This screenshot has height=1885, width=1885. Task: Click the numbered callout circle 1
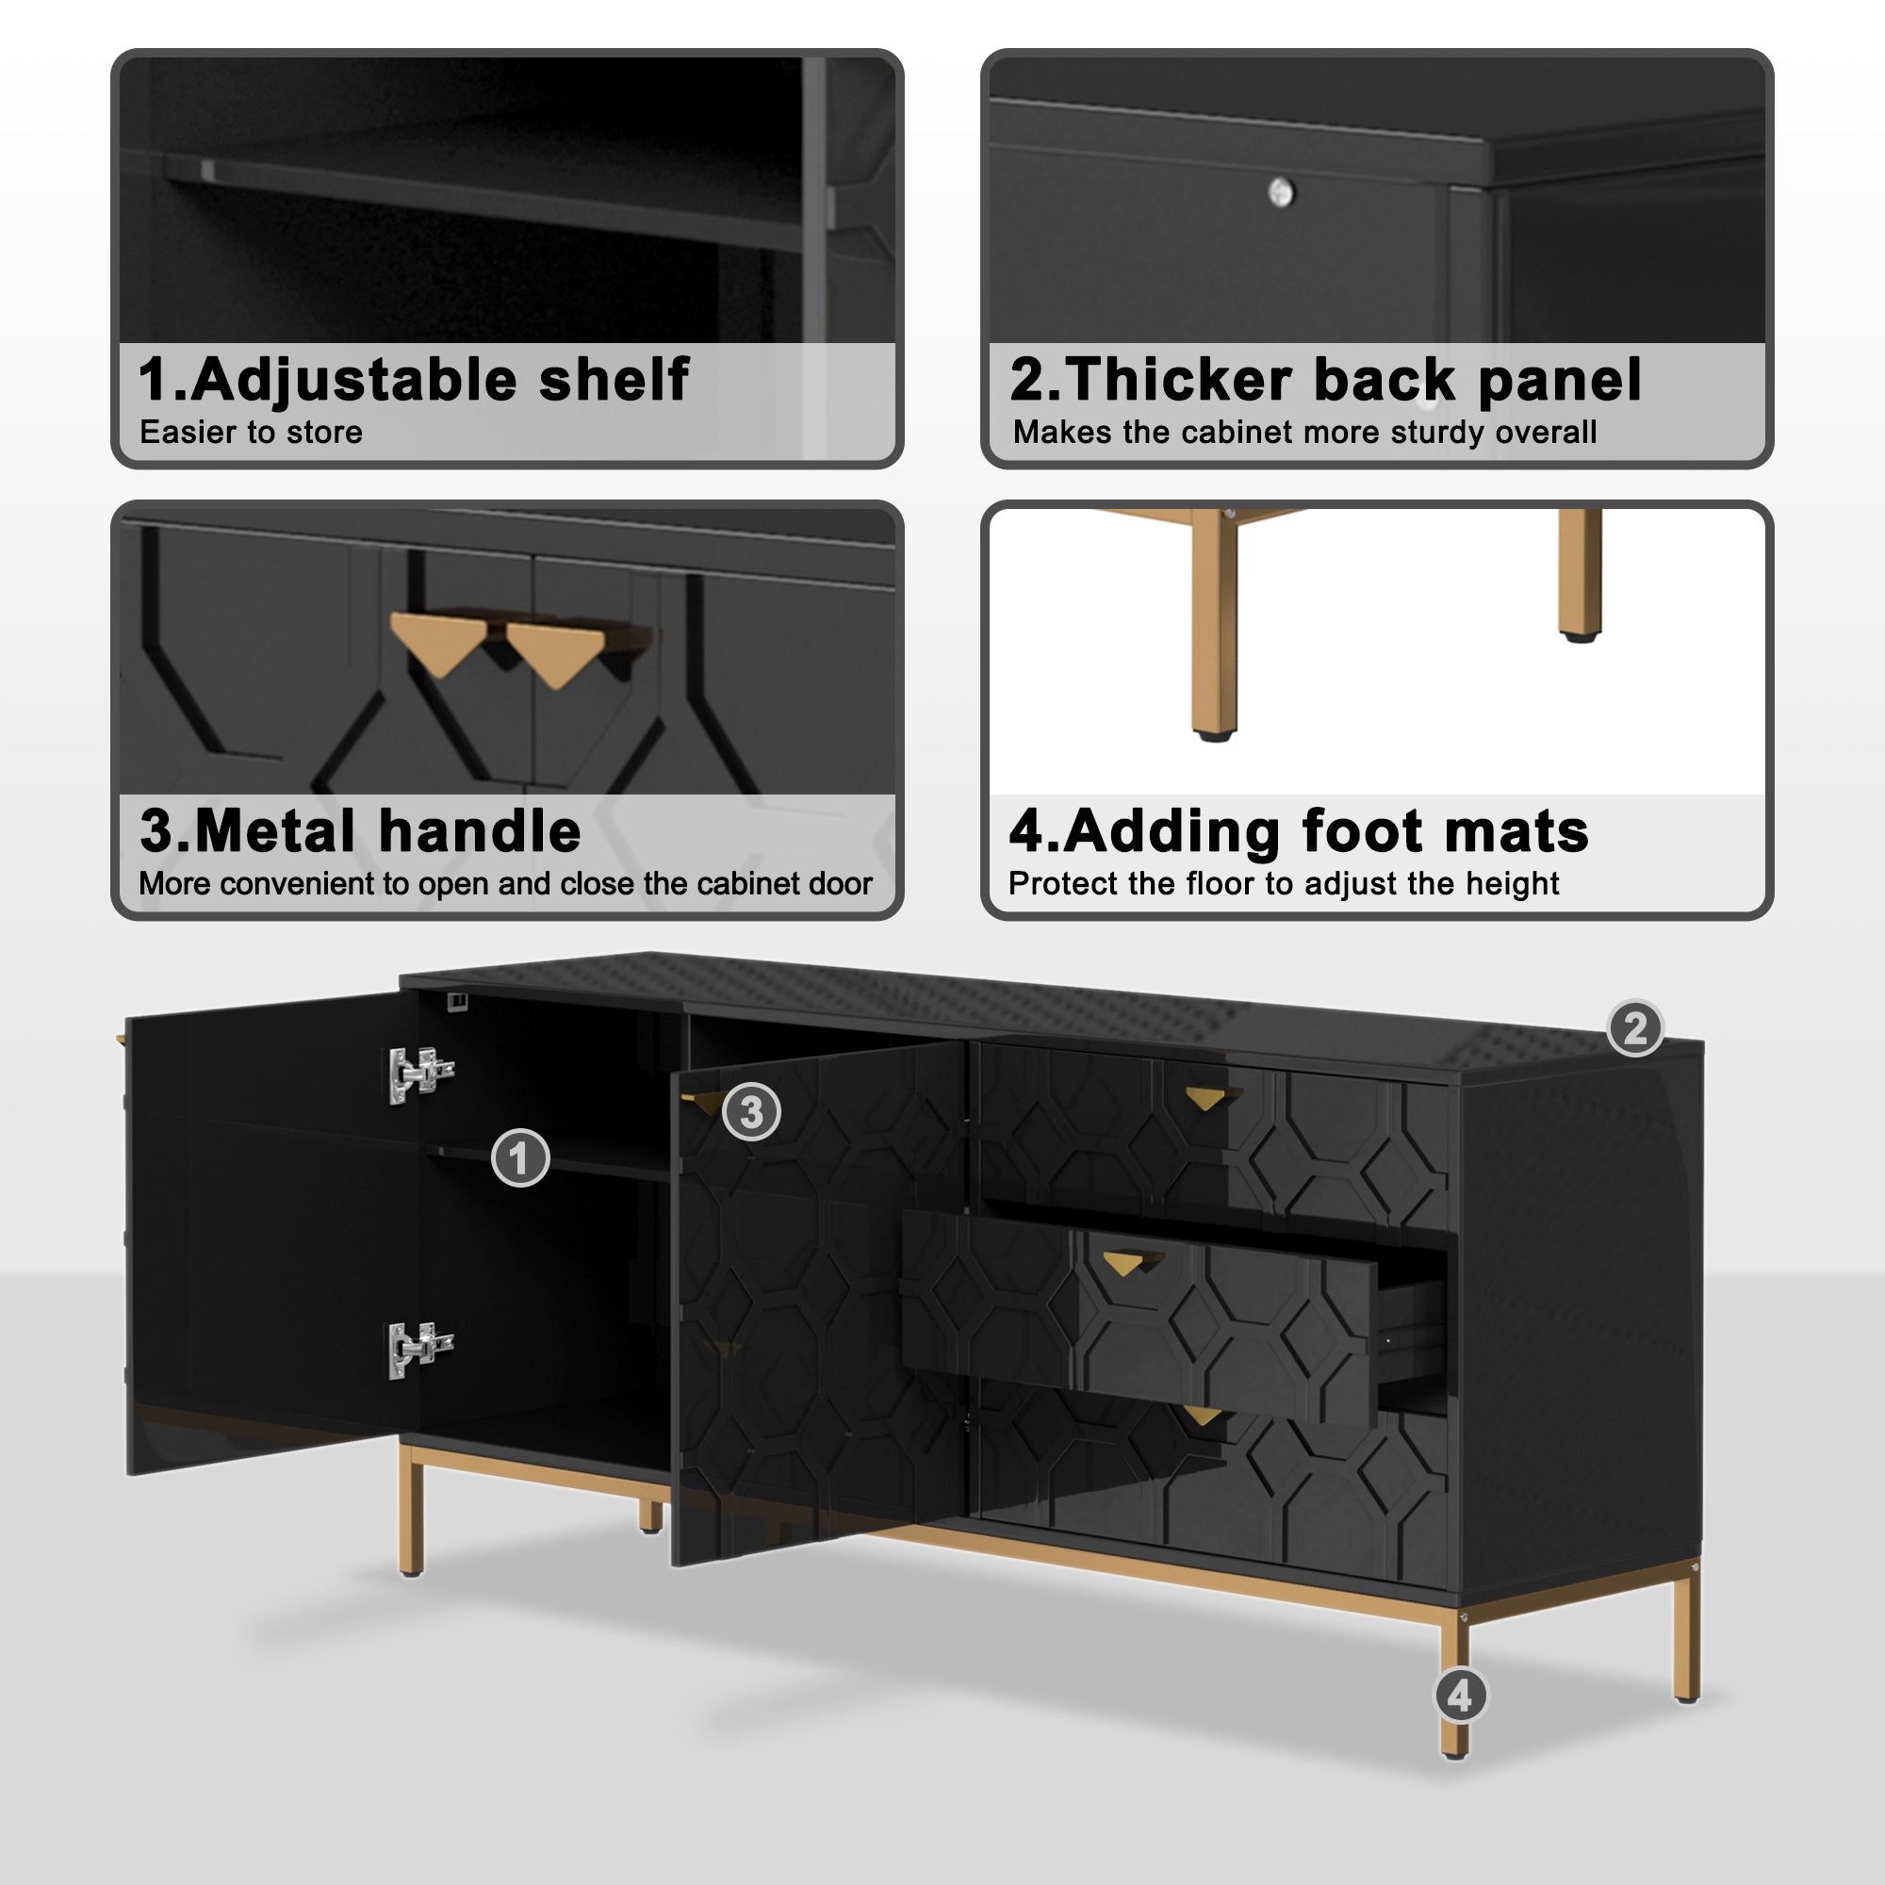pyautogui.click(x=520, y=1158)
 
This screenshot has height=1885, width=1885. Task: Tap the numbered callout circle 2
pyautogui.click(x=1635, y=1028)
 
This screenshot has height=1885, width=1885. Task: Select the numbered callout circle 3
pyautogui.click(x=751, y=1111)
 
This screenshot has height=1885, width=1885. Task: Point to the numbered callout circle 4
pyautogui.click(x=1460, y=1696)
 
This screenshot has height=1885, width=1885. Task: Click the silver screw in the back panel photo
pyautogui.click(x=1281, y=192)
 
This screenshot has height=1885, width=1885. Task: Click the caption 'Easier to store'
pyautogui.click(x=251, y=433)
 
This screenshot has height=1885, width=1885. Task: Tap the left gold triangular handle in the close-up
pyautogui.click(x=437, y=641)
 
